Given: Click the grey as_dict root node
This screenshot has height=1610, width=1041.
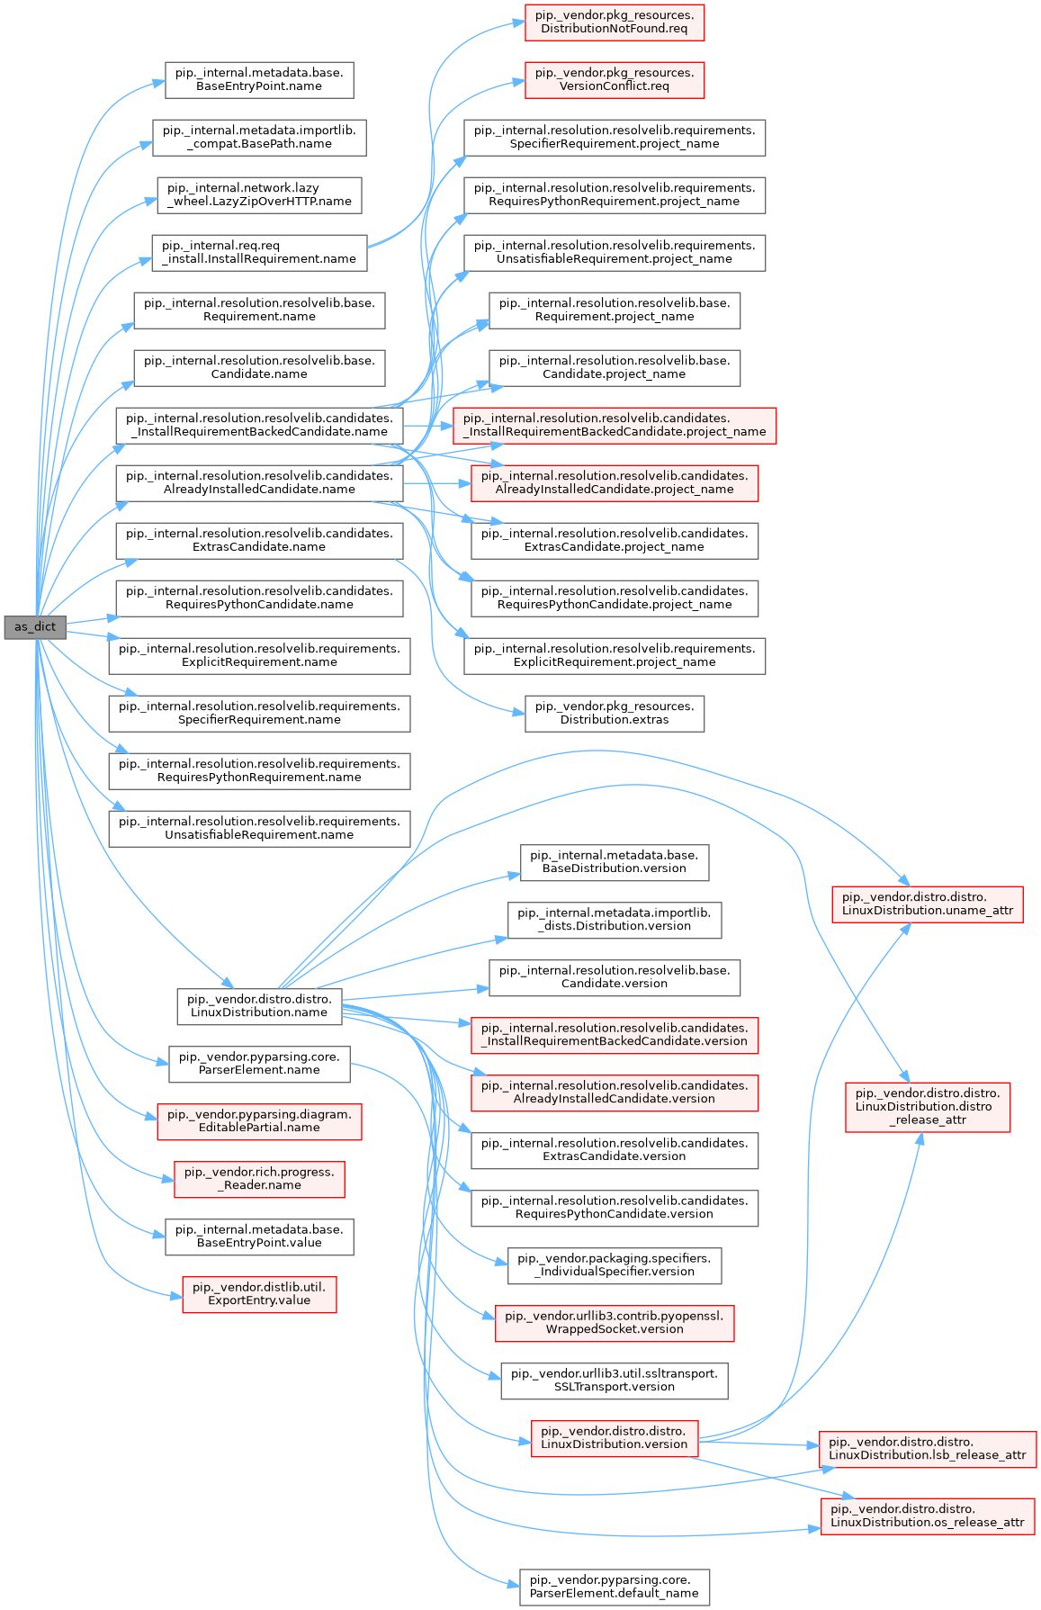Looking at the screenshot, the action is tap(35, 626).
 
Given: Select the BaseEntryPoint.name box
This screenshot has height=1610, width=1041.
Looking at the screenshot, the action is tap(259, 80).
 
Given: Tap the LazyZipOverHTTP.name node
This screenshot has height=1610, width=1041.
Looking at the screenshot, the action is tap(259, 195).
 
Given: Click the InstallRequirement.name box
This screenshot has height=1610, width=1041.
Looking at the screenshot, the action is tap(259, 253).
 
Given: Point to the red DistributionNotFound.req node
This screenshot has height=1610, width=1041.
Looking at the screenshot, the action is tap(615, 22).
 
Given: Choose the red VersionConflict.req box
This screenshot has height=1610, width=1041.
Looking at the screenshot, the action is tap(615, 80).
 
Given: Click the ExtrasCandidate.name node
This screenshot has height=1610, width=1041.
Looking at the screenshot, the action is tap(259, 541).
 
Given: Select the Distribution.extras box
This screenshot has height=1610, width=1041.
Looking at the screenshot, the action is tap(615, 714).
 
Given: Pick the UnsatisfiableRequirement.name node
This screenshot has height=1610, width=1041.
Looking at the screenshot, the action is tap(259, 829).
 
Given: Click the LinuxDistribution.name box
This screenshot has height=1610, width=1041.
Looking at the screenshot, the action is tap(259, 1006).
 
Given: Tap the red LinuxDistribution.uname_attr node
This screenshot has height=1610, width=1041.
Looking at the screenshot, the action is tap(928, 904).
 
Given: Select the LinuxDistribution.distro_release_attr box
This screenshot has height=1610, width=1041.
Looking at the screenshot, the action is tap(928, 1107).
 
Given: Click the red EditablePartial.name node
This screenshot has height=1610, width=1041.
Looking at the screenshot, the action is tap(259, 1121).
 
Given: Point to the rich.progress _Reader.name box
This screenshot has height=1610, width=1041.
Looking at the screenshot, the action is tap(259, 1179).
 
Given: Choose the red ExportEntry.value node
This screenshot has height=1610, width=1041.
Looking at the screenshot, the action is tap(259, 1294).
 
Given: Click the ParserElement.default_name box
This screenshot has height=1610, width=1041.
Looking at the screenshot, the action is tap(615, 1587).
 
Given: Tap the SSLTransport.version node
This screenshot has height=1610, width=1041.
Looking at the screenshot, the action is tap(615, 1381).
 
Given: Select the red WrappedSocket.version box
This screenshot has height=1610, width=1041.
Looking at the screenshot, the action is tap(615, 1323).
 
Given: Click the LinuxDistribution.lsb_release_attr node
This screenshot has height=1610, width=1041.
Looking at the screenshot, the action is tap(928, 1449).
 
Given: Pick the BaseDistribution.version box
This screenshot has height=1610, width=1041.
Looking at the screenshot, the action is tap(615, 862).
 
